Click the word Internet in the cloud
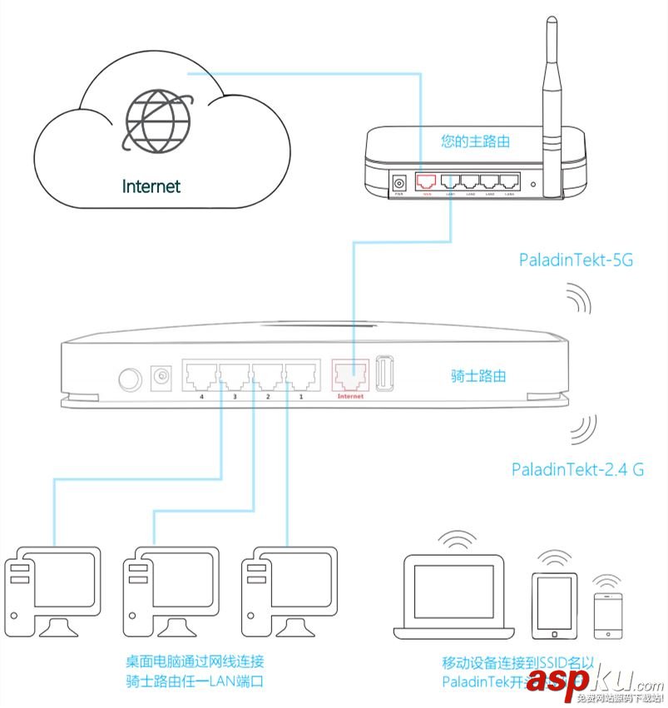click(x=151, y=186)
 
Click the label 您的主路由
click(x=476, y=141)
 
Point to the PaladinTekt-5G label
click(x=576, y=260)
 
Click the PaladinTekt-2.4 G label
click(x=577, y=469)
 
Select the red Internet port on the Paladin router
click(x=350, y=376)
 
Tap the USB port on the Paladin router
click(x=386, y=374)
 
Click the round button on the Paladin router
click(x=130, y=380)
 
